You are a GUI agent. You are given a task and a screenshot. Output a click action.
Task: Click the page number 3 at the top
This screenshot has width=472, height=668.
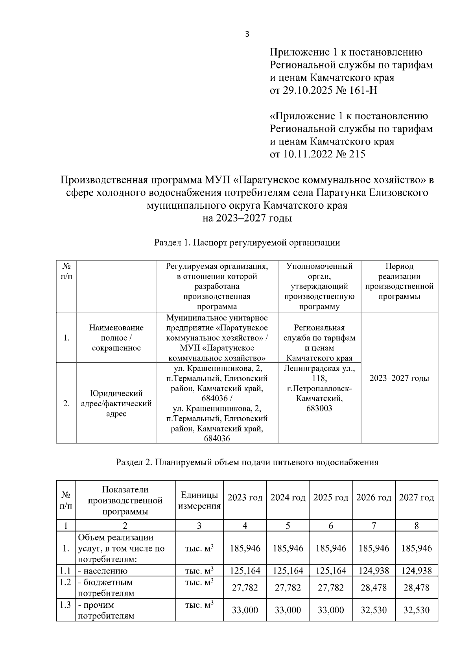click(x=247, y=34)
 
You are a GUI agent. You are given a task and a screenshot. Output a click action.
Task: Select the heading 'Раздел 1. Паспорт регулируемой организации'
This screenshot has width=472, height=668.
click(x=247, y=242)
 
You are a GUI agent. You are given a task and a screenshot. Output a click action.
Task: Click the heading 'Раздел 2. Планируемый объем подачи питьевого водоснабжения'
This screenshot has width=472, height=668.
click(x=247, y=462)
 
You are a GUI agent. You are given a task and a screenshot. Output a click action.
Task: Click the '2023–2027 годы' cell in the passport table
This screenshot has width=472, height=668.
click(x=399, y=378)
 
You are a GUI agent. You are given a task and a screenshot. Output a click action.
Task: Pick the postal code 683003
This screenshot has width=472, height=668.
click(x=319, y=409)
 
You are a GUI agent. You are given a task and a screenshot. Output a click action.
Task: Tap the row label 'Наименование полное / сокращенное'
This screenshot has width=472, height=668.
click(x=116, y=338)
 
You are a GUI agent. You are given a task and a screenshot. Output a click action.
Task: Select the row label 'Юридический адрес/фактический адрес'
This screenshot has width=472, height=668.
click(x=116, y=403)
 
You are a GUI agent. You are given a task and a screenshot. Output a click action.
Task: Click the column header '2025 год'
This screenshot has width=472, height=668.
click(x=330, y=498)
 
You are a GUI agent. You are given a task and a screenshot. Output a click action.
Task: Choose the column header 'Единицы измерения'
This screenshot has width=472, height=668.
click(x=199, y=500)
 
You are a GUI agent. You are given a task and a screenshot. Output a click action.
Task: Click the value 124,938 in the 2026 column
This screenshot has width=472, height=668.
click(x=373, y=570)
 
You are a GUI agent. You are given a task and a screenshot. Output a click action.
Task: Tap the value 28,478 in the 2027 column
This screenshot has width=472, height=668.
click(x=416, y=587)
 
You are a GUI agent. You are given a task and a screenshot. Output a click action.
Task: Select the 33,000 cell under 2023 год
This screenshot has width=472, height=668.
click(x=245, y=610)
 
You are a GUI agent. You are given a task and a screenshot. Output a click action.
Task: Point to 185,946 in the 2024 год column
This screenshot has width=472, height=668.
click(x=288, y=548)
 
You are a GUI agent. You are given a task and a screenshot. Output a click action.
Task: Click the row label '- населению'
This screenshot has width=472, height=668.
click(x=103, y=571)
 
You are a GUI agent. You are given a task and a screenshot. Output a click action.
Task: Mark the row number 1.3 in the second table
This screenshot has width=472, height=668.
click(x=65, y=605)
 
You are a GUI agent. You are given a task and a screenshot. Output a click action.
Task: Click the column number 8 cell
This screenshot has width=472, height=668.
click(x=416, y=526)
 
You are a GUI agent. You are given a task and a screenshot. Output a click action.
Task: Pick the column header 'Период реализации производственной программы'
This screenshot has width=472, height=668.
click(x=399, y=281)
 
